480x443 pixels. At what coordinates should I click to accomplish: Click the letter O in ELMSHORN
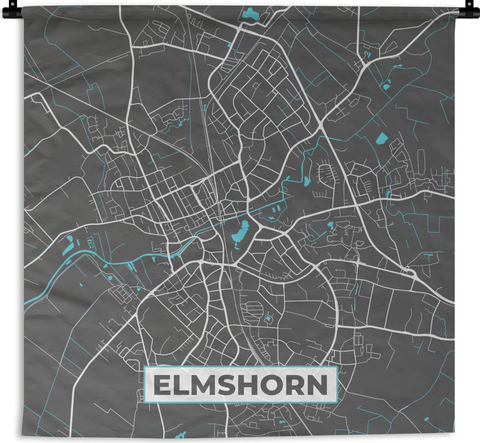tap(279, 385)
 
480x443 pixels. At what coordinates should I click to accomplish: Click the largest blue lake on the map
tap(240, 233)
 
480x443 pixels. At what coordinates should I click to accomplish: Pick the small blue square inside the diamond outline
tap(268, 319)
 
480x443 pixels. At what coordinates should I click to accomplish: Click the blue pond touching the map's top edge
tap(250, 14)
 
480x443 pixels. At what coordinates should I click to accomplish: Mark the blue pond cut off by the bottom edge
tap(180, 435)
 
